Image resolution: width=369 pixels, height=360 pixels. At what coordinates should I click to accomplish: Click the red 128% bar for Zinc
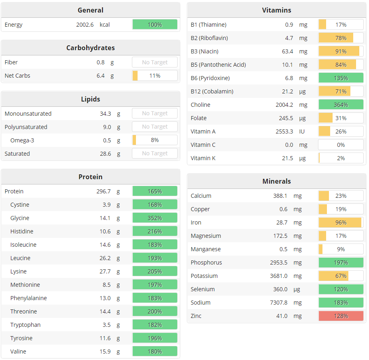tap(341, 316)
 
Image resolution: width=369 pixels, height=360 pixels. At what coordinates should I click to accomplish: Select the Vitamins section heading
tap(276, 10)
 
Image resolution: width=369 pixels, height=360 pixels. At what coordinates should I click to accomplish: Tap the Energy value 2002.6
tap(85, 25)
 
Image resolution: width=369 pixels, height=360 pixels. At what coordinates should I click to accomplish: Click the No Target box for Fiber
tap(155, 62)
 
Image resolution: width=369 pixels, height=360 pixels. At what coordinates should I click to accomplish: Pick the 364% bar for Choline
tap(341, 105)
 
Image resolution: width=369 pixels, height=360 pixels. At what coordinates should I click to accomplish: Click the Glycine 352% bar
tap(155, 218)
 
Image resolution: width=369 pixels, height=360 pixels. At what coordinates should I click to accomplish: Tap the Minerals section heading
tap(276, 181)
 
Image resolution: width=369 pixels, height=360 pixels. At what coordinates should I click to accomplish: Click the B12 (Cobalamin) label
tap(212, 91)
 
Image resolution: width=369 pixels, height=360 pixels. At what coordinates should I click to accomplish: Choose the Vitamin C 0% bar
tap(341, 145)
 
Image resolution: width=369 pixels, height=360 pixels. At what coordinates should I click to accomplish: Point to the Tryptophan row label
tap(25, 325)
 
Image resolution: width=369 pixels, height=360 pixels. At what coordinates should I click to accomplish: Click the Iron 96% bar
tap(341, 222)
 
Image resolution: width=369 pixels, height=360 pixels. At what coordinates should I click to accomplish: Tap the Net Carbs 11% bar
tap(155, 76)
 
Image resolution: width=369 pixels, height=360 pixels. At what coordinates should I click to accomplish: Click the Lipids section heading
tap(90, 99)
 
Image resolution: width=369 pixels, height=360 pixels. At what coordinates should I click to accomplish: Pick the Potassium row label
tap(204, 276)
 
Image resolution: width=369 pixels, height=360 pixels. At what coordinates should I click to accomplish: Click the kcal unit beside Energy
tap(105, 25)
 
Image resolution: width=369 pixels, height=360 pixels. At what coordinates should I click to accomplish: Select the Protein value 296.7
tap(103, 191)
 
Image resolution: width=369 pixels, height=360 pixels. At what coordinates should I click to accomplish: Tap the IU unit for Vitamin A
tap(302, 131)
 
